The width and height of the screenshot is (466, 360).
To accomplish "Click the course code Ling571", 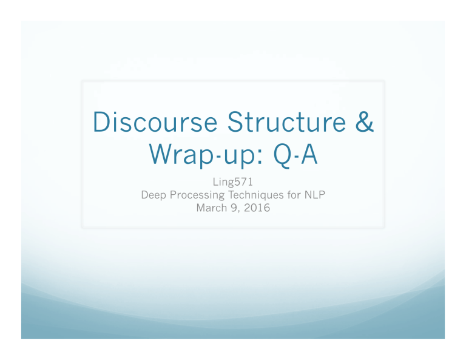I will [232, 183].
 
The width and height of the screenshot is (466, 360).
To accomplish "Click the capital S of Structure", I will [230, 126].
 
